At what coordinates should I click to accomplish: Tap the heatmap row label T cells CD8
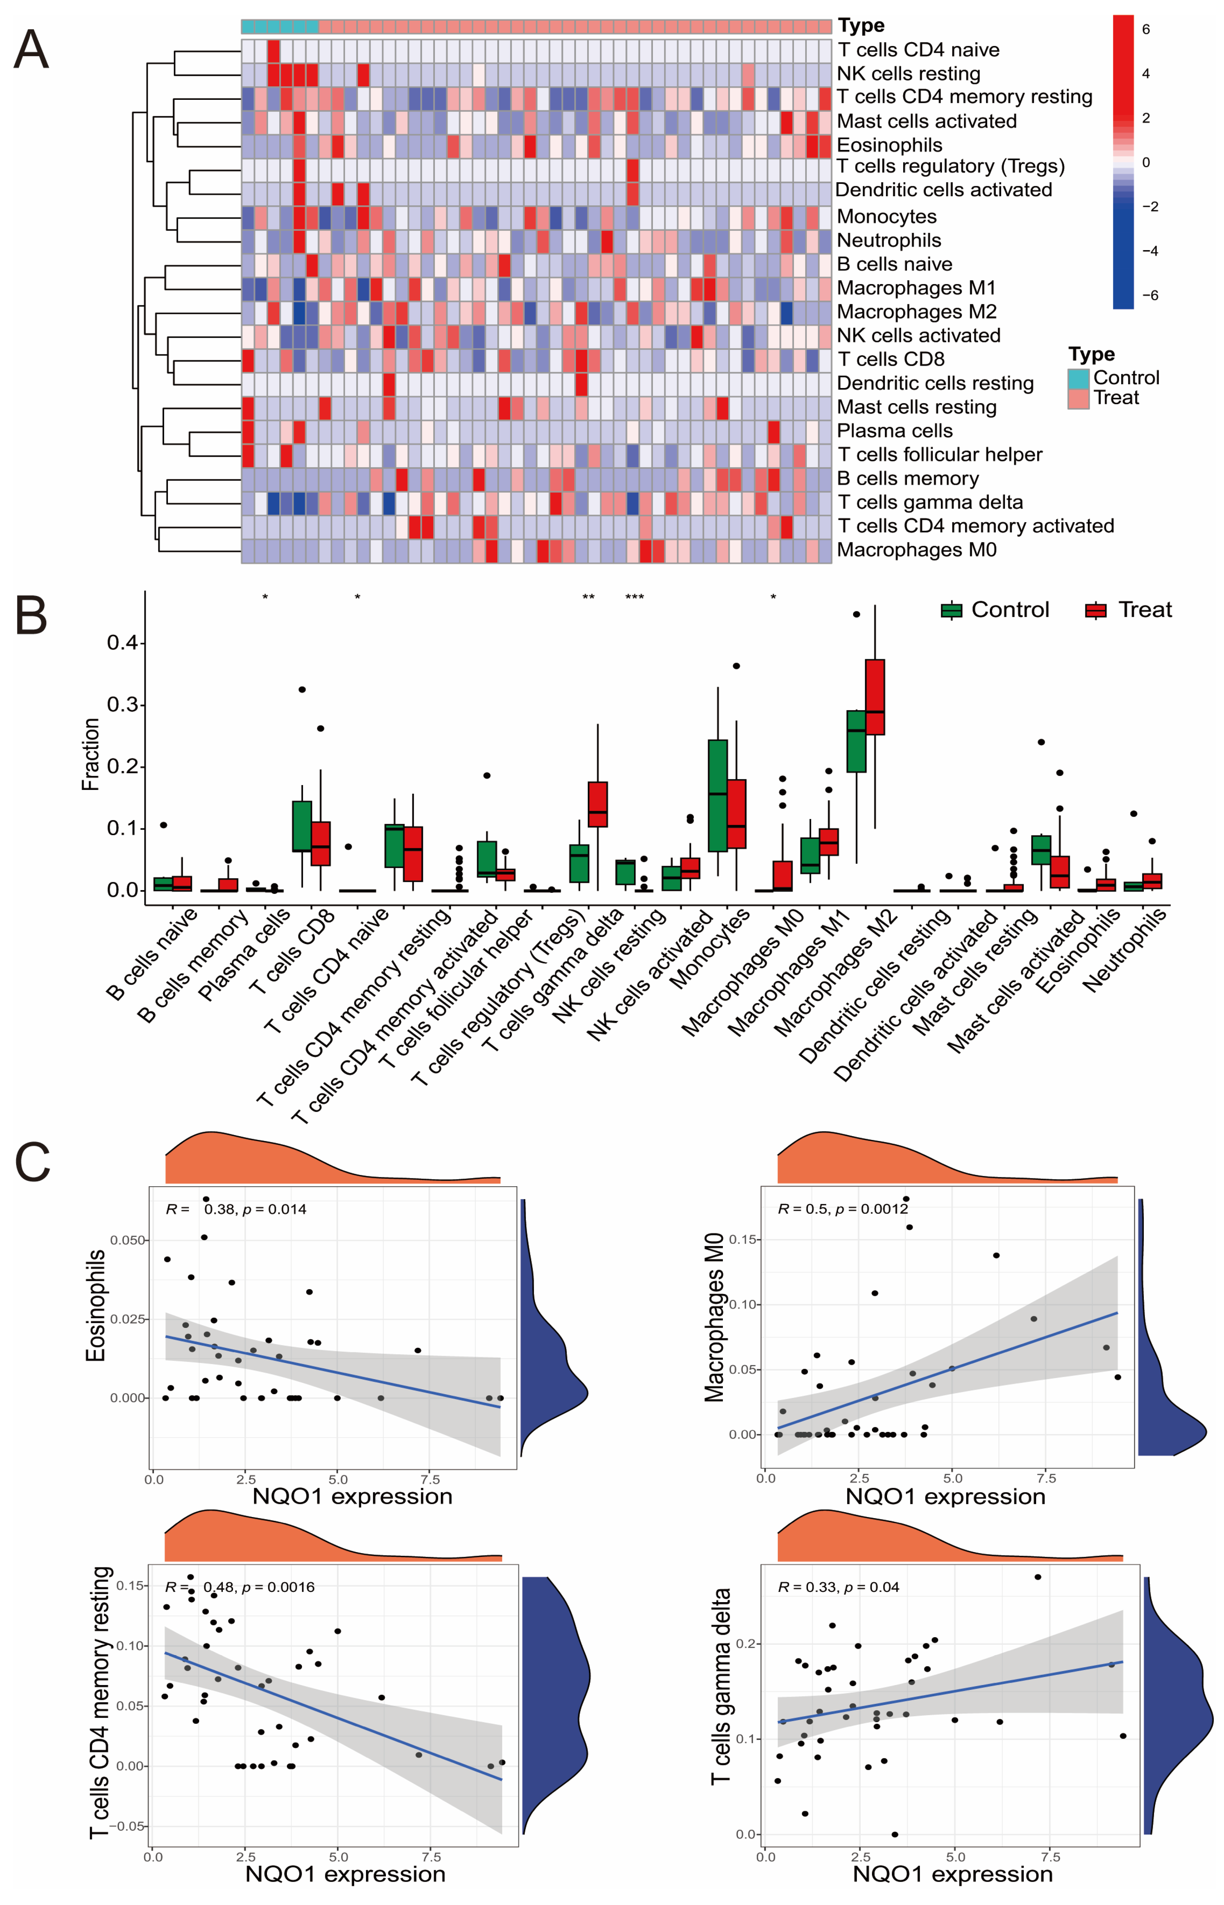tap(890, 359)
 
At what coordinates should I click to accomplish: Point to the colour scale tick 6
tap(1145, 29)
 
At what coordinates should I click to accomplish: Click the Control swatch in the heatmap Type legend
tap(1078, 379)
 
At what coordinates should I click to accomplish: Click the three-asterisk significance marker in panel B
tap(634, 598)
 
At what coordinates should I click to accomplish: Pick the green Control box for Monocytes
tap(718, 795)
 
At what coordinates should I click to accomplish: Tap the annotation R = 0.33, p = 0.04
tap(838, 1587)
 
